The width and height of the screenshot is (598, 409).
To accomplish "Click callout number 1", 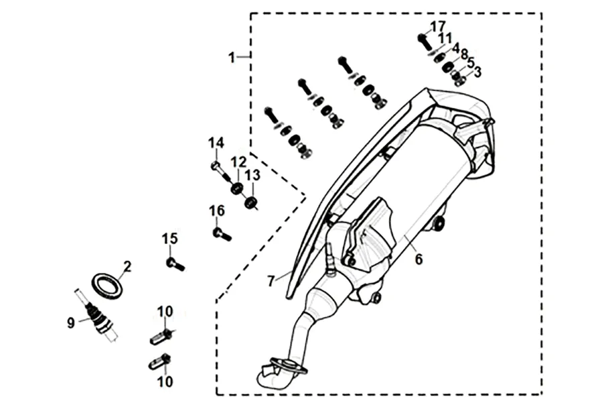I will tap(232, 58).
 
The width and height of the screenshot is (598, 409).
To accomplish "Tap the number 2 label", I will tap(127, 266).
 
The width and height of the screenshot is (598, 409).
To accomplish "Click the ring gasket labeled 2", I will tap(106, 284).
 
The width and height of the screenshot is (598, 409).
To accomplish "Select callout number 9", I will tap(71, 323).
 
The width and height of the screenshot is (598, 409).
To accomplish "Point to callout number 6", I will tap(419, 259).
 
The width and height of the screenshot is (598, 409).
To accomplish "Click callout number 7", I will tap(271, 282).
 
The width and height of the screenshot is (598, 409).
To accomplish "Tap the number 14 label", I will tap(215, 143).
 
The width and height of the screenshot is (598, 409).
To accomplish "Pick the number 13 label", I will tap(252, 175).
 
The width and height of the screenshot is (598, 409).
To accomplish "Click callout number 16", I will tap(216, 211).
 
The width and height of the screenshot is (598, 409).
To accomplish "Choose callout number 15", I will tap(170, 238).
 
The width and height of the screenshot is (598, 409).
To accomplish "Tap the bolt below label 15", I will tap(175, 264).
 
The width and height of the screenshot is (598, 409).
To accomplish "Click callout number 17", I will tap(438, 25).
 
